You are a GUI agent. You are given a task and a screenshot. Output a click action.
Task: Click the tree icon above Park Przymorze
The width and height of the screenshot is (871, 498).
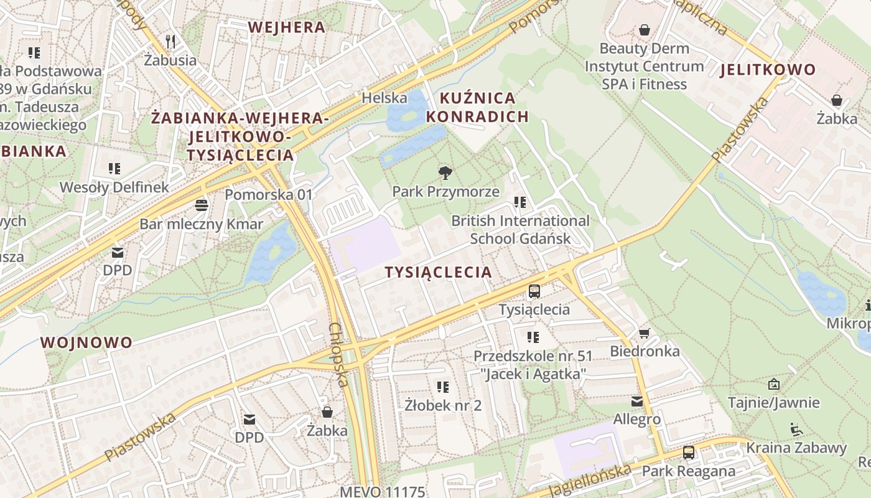(445, 172)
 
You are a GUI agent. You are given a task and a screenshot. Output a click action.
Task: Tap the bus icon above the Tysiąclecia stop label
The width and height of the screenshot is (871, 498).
(534, 291)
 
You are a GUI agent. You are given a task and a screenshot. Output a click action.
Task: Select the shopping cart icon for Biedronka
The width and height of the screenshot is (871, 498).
(645, 333)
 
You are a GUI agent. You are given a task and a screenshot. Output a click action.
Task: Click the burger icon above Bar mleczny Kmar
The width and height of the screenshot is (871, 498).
(201, 205)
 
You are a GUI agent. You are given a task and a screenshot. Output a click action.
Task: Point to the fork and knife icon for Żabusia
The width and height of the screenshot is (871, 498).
(170, 42)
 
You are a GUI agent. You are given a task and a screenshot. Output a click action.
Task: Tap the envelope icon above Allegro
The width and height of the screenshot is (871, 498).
(637, 401)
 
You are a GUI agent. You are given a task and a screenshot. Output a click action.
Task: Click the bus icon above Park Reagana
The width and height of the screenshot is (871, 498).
(688, 453)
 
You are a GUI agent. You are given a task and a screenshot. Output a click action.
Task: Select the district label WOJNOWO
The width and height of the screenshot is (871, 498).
(86, 342)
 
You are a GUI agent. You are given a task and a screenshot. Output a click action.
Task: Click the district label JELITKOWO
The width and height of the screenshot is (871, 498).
(768, 70)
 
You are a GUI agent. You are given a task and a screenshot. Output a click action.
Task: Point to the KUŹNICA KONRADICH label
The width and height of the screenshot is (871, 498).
(477, 107)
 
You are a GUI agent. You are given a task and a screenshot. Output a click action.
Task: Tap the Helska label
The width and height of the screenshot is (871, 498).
(384, 98)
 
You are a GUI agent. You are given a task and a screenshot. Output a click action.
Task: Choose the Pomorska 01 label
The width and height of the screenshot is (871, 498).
(269, 194)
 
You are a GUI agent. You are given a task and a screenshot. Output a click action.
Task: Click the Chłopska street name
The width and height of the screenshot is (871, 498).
(338, 354)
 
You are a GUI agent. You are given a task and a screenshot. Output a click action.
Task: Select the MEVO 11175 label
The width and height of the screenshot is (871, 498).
(382, 492)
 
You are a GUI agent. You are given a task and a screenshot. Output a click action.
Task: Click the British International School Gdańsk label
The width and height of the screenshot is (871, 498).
(520, 230)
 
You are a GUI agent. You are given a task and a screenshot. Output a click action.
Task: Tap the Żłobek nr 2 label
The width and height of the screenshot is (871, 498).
(443, 405)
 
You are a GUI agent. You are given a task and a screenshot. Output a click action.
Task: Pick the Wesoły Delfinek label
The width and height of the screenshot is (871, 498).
(114, 187)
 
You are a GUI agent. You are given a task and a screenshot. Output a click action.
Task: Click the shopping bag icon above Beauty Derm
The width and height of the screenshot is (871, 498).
(645, 30)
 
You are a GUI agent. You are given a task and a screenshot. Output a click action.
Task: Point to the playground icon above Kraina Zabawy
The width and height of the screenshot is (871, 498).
(796, 429)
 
